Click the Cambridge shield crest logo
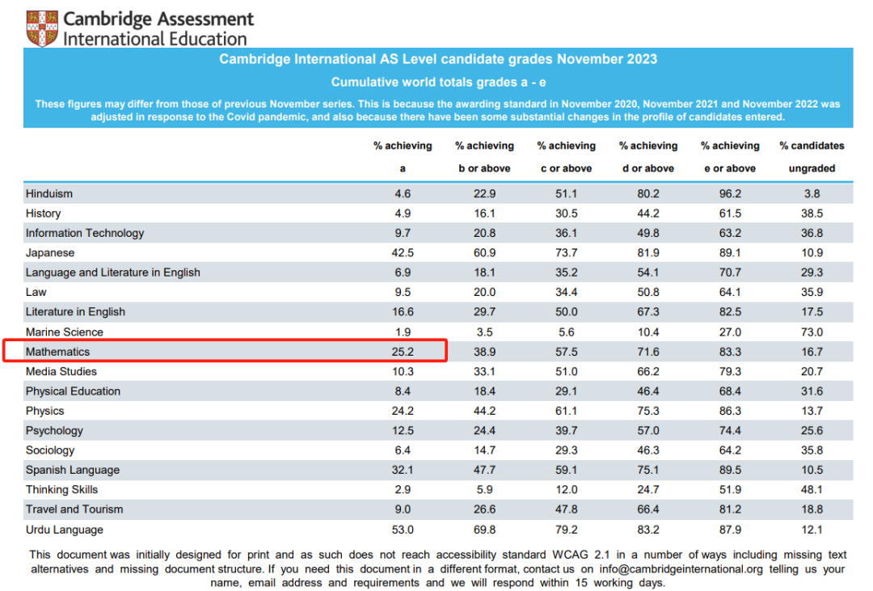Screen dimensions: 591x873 (42, 28)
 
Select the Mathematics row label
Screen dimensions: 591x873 (57, 352)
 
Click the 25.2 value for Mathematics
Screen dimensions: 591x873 (403, 352)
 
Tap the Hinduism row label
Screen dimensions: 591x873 (49, 194)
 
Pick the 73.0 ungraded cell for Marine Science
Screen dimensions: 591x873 (812, 332)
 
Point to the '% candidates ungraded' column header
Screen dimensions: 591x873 (812, 157)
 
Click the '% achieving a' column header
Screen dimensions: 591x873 (403, 157)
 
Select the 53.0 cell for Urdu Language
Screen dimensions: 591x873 (403, 530)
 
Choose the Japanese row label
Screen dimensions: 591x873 (50, 253)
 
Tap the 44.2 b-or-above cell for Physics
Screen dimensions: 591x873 (484, 411)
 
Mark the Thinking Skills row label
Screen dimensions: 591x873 (61, 490)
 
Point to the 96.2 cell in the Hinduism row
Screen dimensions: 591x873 (730, 194)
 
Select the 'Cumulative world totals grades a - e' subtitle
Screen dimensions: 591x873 (437, 82)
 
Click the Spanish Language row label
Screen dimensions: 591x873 (73, 471)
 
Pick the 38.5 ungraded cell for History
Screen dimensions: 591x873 (812, 213)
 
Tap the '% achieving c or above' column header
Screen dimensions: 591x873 (566, 157)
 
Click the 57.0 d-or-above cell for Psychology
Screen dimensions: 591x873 (647, 431)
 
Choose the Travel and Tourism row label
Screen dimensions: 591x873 (74, 509)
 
